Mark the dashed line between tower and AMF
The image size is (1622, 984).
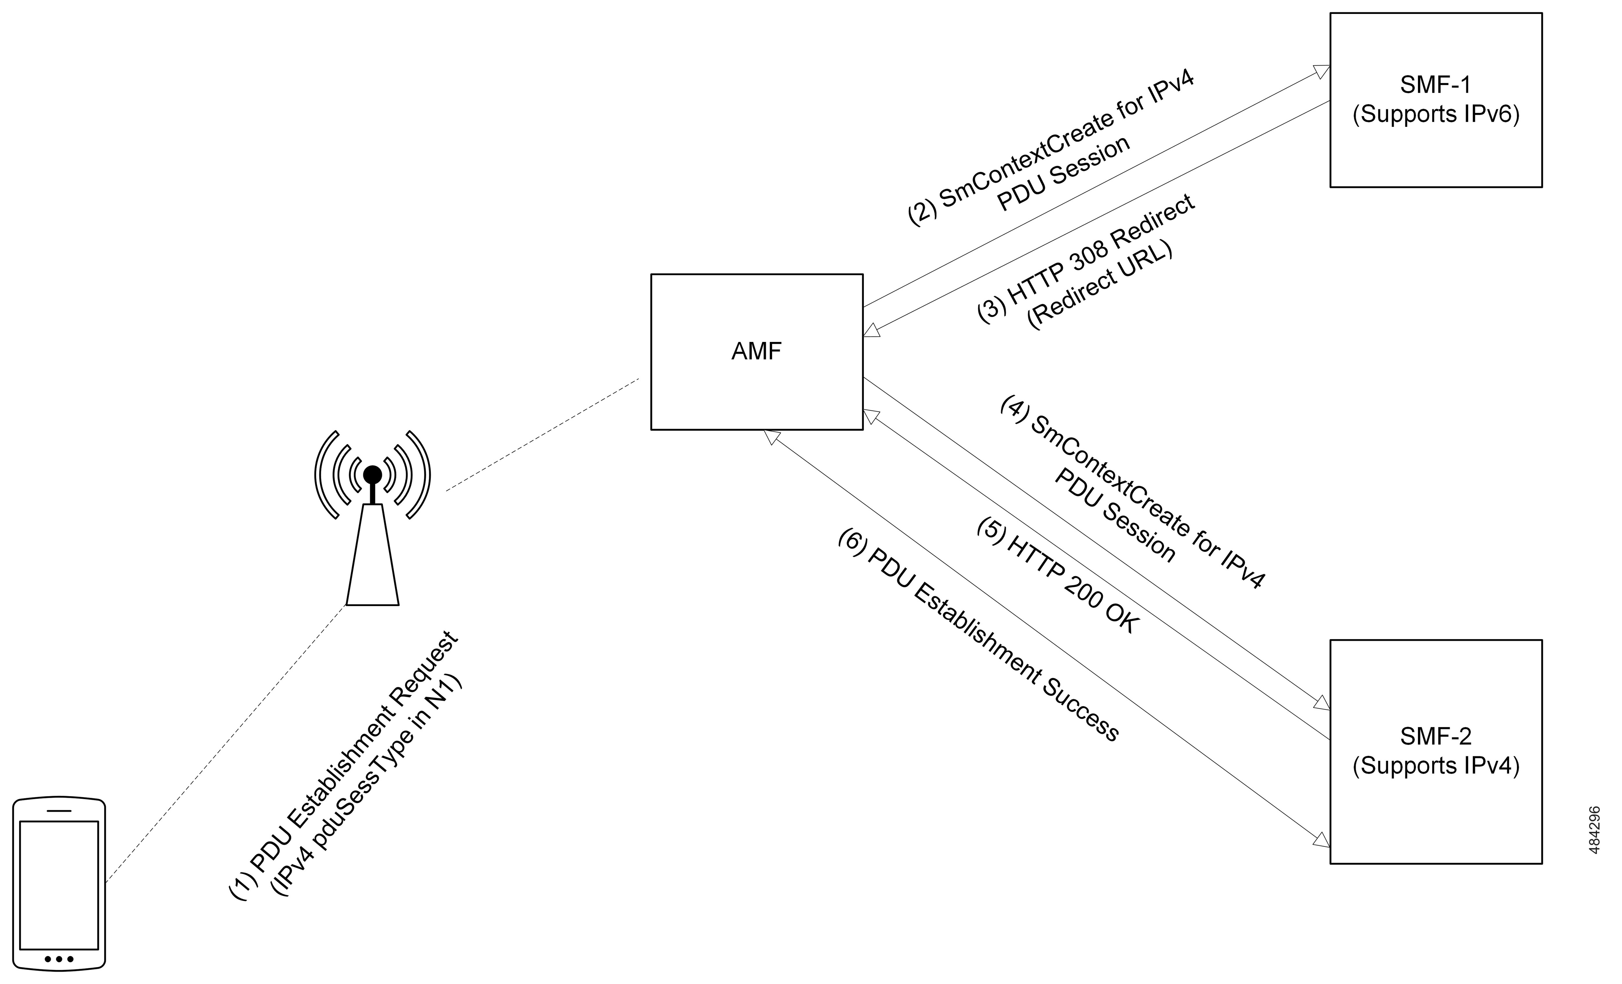542,434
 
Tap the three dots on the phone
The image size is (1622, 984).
59,959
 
